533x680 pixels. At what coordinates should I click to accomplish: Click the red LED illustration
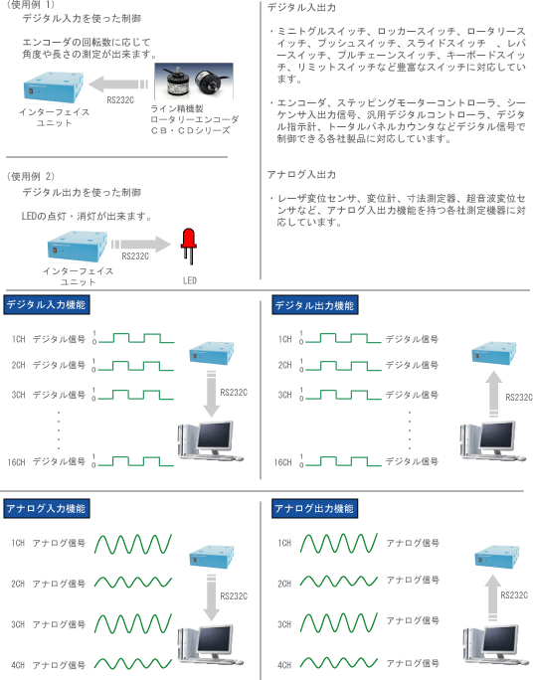pos(189,246)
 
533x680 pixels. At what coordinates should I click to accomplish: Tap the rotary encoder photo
pos(194,82)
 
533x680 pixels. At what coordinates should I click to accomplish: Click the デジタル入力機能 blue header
pos(47,304)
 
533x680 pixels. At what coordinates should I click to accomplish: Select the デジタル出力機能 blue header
pos(315,305)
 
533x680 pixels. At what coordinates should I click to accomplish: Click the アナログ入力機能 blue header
pos(47,508)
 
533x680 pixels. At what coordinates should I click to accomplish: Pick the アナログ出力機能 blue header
pos(315,508)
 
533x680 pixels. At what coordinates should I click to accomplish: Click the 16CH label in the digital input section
pos(17,462)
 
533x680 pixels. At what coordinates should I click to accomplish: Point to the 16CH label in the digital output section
pos(282,462)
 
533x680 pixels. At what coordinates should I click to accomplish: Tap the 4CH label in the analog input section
pos(18,665)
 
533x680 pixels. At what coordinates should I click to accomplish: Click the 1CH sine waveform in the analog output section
pos(339,544)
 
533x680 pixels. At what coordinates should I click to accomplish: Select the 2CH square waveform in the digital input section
pos(136,366)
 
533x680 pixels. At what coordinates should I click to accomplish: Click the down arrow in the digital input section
pos(211,394)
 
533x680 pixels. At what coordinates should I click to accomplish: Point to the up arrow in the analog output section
pos(492,597)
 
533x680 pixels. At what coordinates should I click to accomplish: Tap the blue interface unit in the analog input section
pos(212,557)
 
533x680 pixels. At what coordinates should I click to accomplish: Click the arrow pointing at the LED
pos(141,245)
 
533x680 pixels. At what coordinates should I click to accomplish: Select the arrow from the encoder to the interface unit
pos(118,85)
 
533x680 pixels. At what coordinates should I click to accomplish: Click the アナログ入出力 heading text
pos(301,174)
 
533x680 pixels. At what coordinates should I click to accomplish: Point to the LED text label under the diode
pos(190,280)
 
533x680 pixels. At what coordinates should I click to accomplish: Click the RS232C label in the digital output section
pos(519,397)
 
